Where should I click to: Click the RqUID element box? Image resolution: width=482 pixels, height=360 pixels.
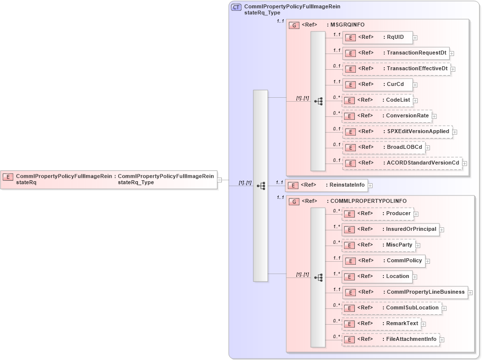[377, 37]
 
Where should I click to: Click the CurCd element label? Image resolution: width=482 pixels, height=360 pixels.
[395, 84]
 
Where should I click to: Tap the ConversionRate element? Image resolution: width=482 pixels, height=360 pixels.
[387, 116]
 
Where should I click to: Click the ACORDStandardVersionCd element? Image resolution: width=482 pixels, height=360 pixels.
[402, 163]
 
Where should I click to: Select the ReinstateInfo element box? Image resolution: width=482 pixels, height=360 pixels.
[326, 185]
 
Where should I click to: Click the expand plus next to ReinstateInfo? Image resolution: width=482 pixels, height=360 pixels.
[371, 185]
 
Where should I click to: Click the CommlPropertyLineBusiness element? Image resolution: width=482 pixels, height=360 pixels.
[404, 292]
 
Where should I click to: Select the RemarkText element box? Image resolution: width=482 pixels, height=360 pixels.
[381, 323]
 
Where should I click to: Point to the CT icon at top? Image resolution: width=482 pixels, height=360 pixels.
[237, 7]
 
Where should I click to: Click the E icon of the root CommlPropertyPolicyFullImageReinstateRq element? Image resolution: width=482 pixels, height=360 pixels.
[8, 177]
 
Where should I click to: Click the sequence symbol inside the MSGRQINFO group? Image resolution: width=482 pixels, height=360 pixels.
[318, 101]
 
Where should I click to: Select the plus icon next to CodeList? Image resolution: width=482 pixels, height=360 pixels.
[415, 101]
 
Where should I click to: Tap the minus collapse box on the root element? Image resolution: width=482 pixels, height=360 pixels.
[220, 180]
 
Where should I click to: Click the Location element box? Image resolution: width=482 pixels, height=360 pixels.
[377, 276]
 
